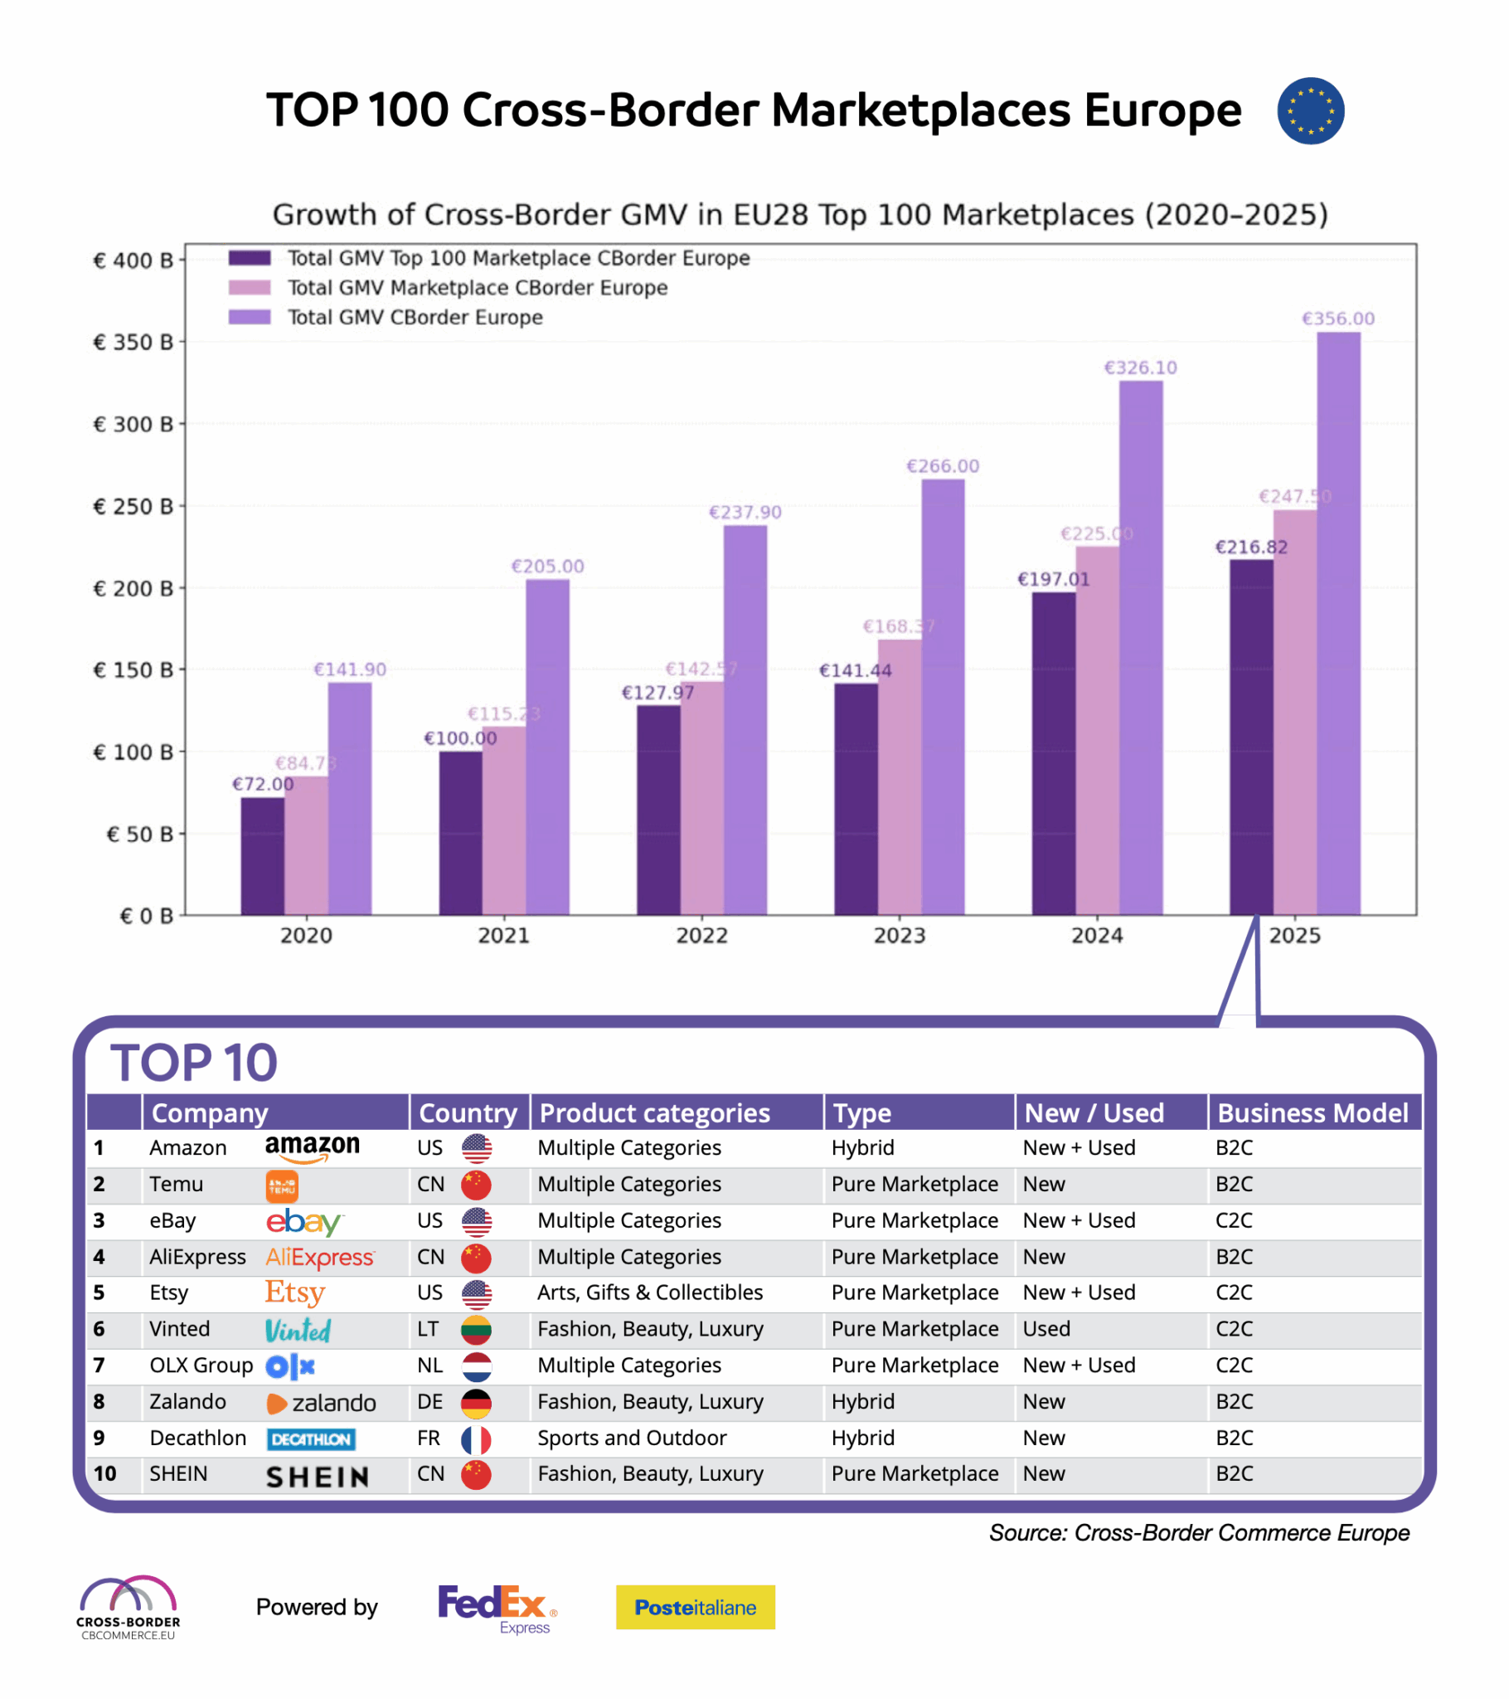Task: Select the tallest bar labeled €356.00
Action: coord(1338,623)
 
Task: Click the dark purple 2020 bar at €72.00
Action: coord(263,856)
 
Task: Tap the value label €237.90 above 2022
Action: coord(745,512)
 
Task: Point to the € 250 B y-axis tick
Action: coord(133,506)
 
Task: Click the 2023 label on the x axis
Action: coord(899,935)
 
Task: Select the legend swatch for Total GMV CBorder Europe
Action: coord(250,317)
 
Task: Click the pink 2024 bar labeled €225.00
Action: coord(1097,732)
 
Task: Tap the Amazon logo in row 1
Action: coord(313,1147)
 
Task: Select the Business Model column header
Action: coord(1312,1112)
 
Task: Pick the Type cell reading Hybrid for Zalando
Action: coord(862,1401)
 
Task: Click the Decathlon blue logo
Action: coord(311,1439)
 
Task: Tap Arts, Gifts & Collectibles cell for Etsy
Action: coord(650,1292)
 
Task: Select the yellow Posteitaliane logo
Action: coord(695,1607)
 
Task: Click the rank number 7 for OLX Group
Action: coord(99,1365)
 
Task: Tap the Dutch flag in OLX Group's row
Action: coord(476,1365)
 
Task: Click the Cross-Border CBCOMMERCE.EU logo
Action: coord(128,1606)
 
